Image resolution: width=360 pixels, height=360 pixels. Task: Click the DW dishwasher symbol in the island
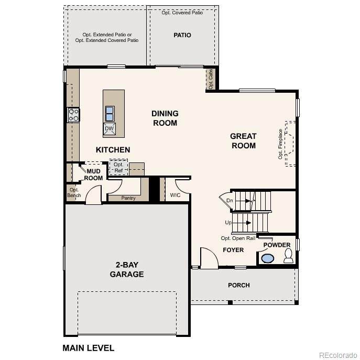click(110, 128)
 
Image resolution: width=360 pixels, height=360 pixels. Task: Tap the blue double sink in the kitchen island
click(110, 114)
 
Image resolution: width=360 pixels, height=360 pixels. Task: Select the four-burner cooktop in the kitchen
click(73, 115)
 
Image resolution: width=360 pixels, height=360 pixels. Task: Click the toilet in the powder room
click(288, 256)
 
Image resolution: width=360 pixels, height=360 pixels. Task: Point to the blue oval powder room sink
click(267, 258)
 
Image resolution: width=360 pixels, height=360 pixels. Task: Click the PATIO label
click(182, 35)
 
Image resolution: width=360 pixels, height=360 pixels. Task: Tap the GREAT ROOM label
click(243, 141)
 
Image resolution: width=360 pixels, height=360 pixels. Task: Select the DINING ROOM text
click(165, 118)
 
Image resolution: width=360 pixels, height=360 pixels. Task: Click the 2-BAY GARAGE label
click(127, 269)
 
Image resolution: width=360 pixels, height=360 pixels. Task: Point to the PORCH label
click(239, 285)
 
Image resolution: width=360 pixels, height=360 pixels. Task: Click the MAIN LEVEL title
click(89, 348)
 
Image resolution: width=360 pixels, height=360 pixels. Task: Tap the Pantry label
click(128, 198)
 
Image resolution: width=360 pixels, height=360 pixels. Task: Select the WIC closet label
click(175, 195)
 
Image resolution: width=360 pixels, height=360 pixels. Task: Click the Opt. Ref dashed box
click(118, 167)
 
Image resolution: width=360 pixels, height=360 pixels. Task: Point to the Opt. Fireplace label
click(280, 144)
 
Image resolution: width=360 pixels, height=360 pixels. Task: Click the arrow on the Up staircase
click(248, 223)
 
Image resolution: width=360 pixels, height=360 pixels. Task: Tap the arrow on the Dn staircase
click(247, 201)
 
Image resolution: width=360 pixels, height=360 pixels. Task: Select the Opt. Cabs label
click(211, 79)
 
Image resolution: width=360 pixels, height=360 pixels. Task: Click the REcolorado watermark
click(338, 355)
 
